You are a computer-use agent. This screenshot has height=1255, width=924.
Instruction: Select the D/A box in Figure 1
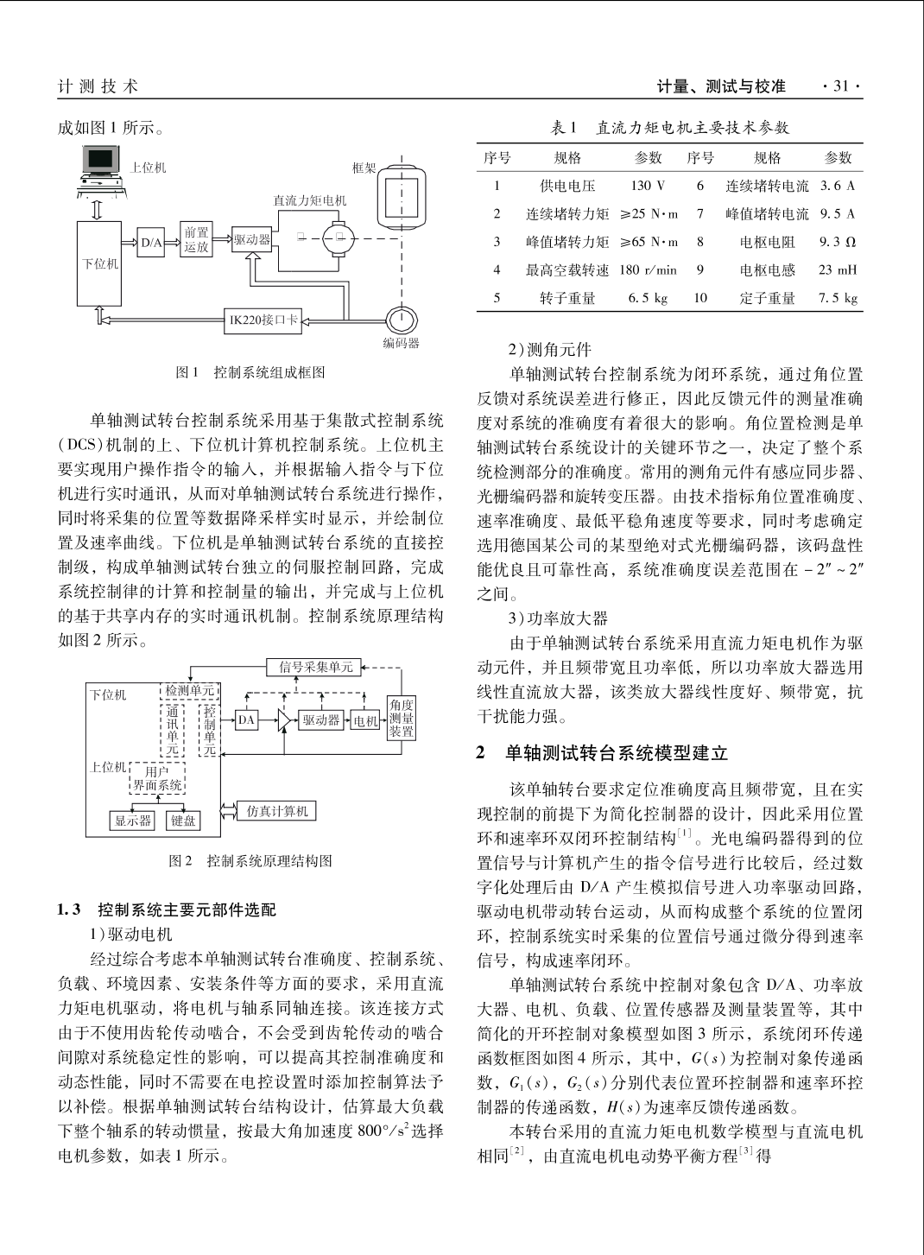point(152,243)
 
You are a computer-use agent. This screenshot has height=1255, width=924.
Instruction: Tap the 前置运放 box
point(196,239)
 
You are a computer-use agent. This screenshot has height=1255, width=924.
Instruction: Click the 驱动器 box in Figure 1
point(251,239)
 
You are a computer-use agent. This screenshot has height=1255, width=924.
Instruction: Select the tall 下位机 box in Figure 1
point(100,263)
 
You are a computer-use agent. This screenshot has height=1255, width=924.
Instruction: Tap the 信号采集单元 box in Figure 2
point(316,667)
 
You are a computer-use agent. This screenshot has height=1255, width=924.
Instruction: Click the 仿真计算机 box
point(277,811)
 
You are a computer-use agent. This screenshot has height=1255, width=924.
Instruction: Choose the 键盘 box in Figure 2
point(183,821)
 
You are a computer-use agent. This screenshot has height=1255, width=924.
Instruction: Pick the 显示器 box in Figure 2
point(133,821)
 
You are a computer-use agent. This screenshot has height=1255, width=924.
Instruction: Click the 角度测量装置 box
point(402,718)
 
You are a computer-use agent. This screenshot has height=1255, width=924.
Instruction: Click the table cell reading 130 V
point(648,186)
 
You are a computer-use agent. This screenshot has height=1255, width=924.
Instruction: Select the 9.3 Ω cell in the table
point(838,242)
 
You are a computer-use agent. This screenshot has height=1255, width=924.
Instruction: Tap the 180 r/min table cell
point(648,269)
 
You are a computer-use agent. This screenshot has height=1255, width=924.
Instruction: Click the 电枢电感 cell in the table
point(767,269)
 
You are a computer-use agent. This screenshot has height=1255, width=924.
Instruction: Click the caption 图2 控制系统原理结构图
point(251,860)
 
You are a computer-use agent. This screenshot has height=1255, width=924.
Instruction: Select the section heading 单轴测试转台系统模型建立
point(617,753)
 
